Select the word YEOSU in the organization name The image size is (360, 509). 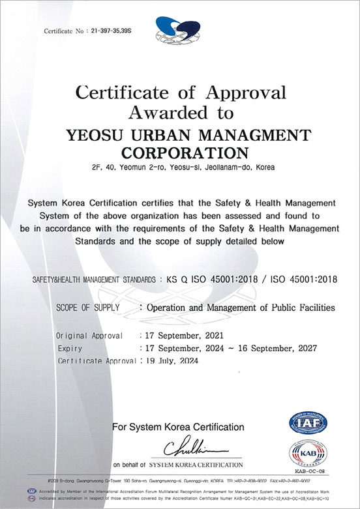96,135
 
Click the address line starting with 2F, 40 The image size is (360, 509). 180,168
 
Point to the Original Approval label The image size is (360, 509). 90,336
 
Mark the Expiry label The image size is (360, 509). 70,349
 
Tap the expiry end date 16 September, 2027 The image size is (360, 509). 276,349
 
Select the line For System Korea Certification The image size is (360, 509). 178,428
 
